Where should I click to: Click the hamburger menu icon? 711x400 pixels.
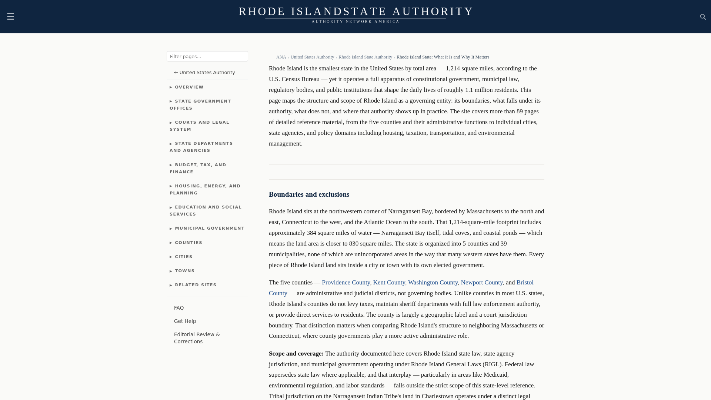10,16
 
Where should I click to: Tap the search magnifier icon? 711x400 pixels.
703,17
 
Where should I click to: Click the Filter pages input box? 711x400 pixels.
207,56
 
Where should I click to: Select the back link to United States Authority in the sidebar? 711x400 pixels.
204,73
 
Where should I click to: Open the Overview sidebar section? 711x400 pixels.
189,87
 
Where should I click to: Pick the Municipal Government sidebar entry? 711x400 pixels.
209,228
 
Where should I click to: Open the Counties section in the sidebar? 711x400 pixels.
188,243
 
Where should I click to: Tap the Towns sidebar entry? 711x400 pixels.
184,271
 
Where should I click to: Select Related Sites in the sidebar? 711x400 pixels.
195,285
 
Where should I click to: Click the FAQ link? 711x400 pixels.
179,308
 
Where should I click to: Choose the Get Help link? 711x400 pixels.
185,321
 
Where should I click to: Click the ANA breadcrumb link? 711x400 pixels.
281,57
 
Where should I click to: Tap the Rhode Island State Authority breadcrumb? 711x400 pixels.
365,57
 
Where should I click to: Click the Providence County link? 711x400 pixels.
346,282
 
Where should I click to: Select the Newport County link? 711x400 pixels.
481,282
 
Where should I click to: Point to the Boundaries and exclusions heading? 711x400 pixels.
309,194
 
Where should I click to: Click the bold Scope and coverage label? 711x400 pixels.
296,353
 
